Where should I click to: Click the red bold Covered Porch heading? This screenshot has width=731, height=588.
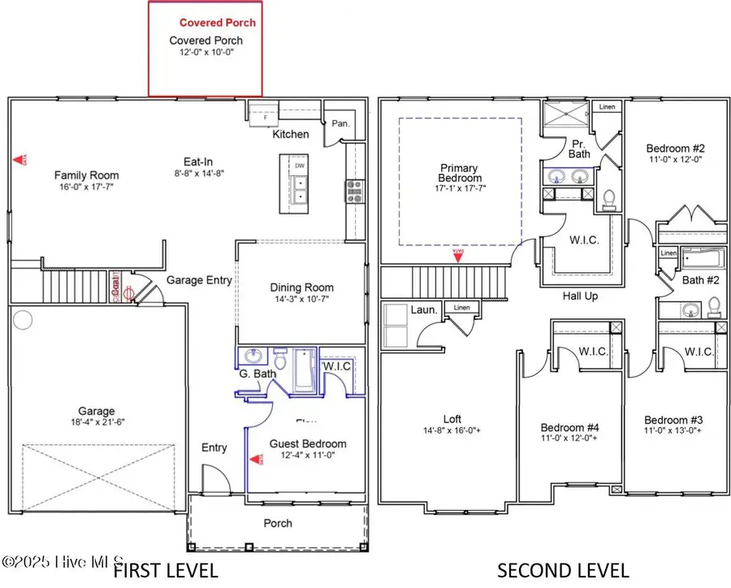tap(217, 23)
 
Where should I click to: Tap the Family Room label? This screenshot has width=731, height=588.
tap(86, 175)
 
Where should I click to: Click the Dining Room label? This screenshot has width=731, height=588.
tap(301, 288)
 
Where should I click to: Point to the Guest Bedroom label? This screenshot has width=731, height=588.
tap(308, 443)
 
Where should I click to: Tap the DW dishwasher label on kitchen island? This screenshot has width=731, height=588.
tap(300, 163)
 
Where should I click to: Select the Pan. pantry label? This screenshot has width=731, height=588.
tap(341, 123)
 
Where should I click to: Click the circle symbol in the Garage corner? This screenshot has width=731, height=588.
tap(22, 319)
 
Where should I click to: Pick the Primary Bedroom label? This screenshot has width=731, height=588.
tap(459, 173)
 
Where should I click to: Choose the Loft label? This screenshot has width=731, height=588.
tap(452, 419)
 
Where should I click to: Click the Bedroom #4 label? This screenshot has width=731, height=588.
tap(569, 427)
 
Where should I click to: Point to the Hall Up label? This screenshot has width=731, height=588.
tap(580, 296)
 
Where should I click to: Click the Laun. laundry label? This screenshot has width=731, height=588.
tap(424, 309)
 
